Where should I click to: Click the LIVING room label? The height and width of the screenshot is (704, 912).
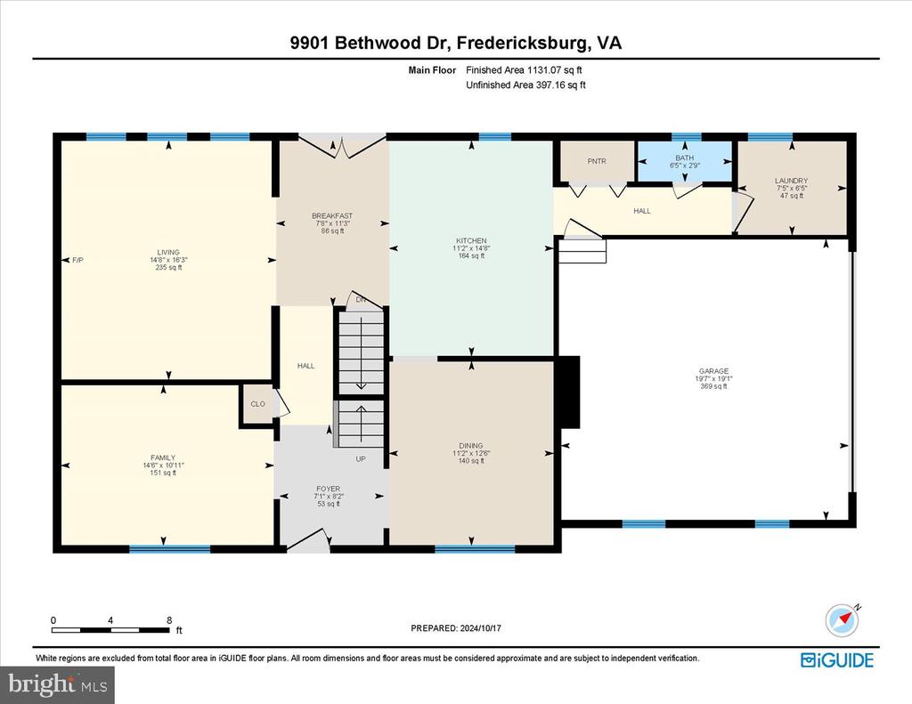168,252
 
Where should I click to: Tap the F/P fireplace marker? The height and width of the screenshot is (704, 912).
78,260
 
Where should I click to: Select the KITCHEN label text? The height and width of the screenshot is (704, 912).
471,240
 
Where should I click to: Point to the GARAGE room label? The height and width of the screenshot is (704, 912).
713,371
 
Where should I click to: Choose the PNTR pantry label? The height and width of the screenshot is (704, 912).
597,161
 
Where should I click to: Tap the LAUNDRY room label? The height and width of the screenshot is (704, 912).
791,181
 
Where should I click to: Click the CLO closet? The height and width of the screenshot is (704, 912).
257,404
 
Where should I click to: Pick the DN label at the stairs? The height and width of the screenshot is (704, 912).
361,300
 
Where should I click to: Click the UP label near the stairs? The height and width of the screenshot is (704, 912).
361,458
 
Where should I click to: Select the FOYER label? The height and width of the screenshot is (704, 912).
329,489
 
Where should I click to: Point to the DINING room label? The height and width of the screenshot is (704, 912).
471,446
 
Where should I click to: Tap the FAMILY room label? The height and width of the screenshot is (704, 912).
163,458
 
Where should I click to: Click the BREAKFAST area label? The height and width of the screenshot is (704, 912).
332,215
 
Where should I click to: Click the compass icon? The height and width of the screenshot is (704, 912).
843,619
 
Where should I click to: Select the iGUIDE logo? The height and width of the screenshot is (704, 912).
837,660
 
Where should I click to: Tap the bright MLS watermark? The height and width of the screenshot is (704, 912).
57,684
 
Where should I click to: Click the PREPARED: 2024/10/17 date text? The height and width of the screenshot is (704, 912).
456,627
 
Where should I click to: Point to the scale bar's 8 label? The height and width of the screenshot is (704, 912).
169,620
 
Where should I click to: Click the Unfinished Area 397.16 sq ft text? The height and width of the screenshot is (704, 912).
525,85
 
